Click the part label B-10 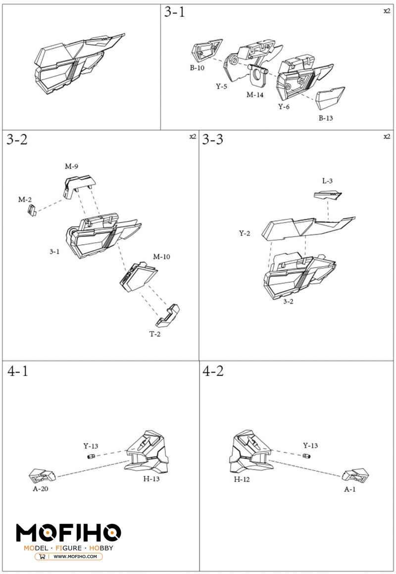[197, 68]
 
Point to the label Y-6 [284, 107]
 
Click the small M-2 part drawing [32, 210]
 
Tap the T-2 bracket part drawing [168, 315]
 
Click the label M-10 [161, 257]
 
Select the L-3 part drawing [328, 195]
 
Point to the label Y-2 [245, 233]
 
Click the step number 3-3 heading [213, 139]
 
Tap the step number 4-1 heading [18, 371]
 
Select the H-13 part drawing [147, 453]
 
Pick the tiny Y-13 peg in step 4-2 [307, 456]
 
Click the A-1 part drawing [355, 474]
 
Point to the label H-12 [242, 479]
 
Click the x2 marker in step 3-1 [387, 11]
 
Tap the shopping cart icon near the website [42, 557]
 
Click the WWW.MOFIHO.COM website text [75, 557]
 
